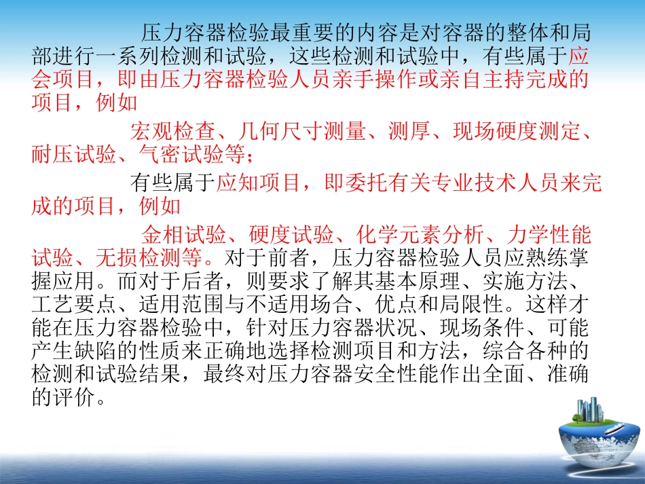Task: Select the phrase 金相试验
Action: click(x=180, y=234)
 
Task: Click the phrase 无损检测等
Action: click(x=170, y=258)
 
